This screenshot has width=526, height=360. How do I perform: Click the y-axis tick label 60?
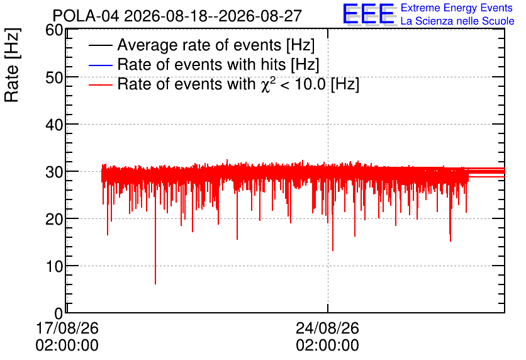[54, 30]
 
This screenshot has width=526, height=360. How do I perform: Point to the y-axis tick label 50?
[54, 77]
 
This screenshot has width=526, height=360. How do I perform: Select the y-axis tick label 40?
[54, 125]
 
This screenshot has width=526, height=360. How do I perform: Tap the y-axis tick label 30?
[54, 172]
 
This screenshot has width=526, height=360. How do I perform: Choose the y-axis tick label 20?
[54, 220]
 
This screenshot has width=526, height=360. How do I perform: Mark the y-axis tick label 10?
[54, 267]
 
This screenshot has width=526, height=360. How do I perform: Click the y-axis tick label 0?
[59, 313]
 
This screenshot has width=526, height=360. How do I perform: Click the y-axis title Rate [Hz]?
[12, 65]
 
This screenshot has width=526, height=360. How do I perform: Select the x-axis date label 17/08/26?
[67, 328]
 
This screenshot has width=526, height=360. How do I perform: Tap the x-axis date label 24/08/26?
[327, 328]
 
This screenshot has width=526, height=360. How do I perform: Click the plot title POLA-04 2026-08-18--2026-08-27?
[177, 16]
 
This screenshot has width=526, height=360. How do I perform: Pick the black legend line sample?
[100, 45]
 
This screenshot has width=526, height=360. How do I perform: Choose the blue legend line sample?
[100, 65]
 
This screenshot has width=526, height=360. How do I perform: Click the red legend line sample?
[100, 84]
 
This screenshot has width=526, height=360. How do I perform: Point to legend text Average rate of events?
[199, 45]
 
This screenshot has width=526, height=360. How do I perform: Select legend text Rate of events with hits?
[201, 64]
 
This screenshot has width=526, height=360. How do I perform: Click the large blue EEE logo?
[368, 14]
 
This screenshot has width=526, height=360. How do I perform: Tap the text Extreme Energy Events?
[457, 8]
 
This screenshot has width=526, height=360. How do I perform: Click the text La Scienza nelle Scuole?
[457, 21]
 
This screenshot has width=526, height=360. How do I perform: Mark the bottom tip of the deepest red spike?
[155, 284]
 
